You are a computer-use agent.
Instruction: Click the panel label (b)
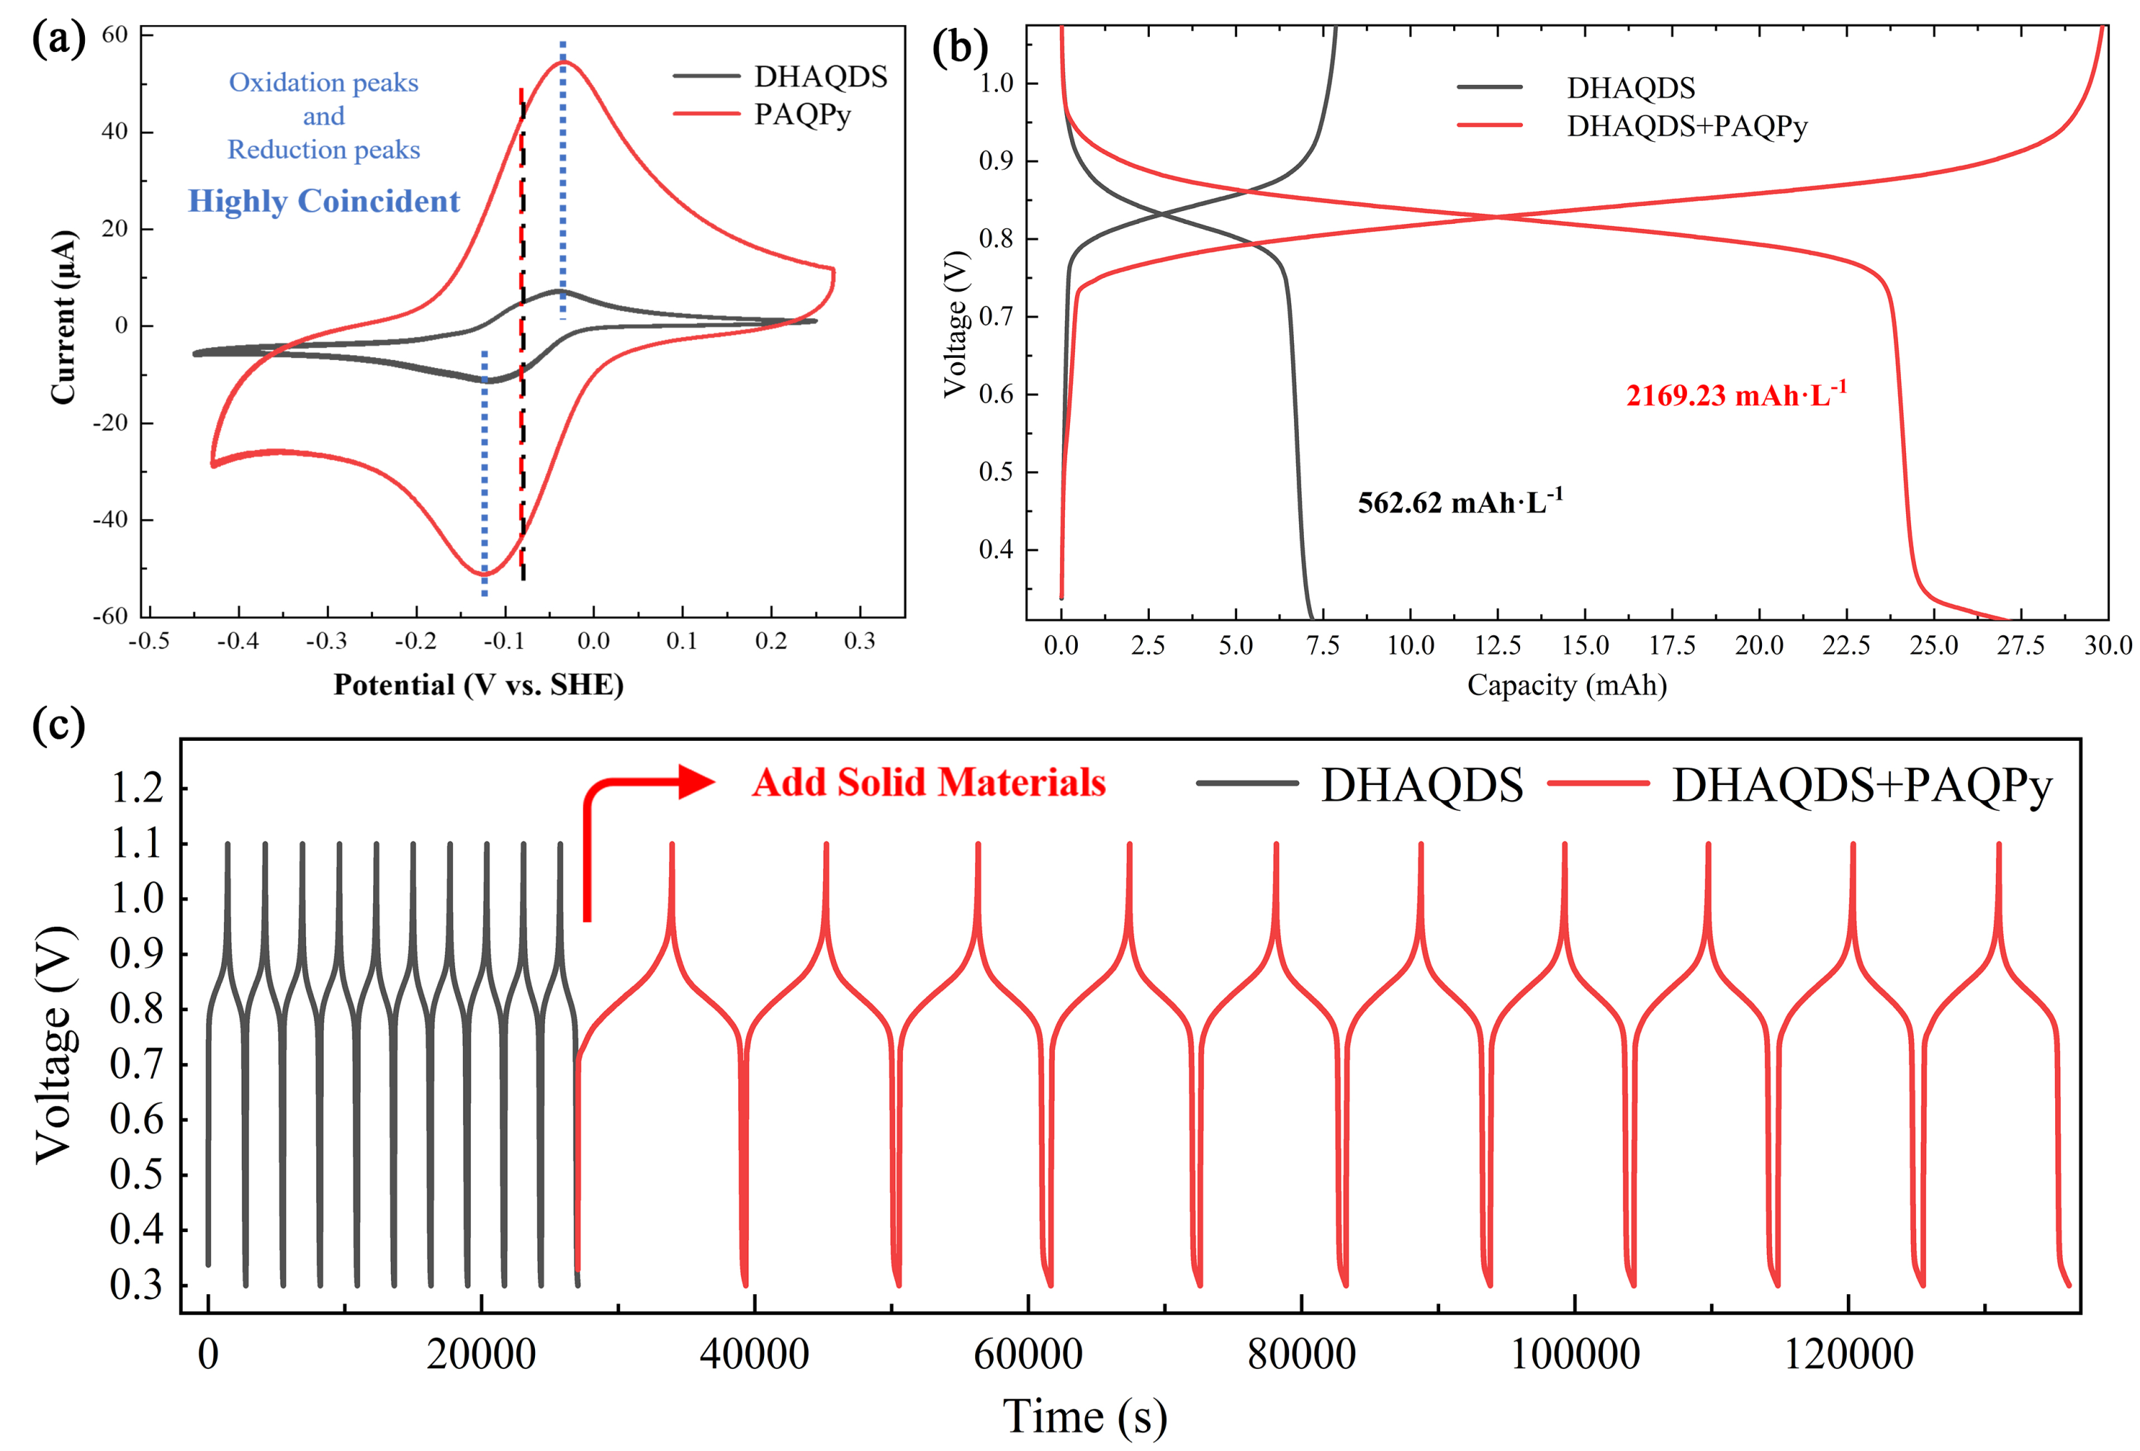pos(959,48)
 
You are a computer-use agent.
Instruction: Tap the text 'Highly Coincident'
pos(323,200)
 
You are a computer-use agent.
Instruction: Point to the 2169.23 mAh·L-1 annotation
pos(1736,395)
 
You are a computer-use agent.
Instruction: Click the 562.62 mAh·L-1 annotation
pos(1459,502)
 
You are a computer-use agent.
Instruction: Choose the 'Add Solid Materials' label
pos(928,783)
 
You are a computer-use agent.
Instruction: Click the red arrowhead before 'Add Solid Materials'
pos(697,781)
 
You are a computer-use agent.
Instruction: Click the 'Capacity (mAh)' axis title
pos(1566,685)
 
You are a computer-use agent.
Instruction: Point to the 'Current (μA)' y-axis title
pos(63,317)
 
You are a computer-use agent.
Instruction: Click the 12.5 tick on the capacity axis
pos(1497,645)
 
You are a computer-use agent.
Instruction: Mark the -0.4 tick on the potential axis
pos(237,642)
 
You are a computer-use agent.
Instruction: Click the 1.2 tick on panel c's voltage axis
pos(136,788)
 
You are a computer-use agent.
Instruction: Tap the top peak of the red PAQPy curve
pos(564,62)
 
